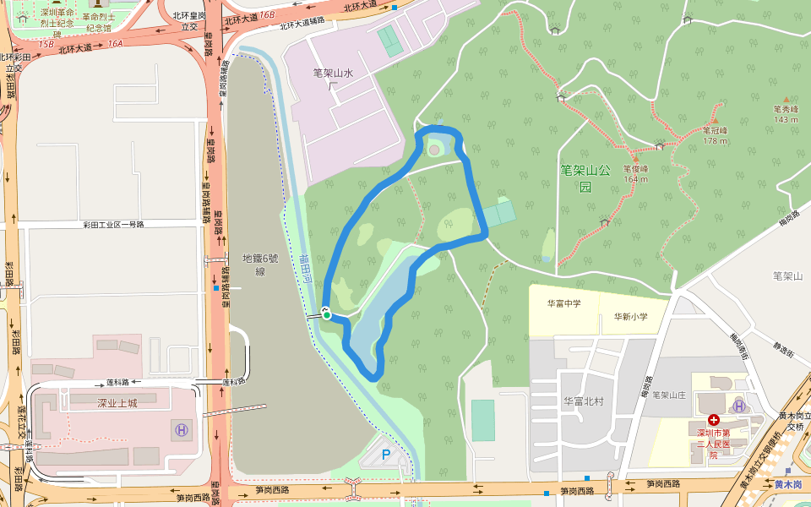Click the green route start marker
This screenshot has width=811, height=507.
pyautogui.click(x=327, y=316)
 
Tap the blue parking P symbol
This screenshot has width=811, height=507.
pyautogui.click(x=386, y=455)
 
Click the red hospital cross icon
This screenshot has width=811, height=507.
pyautogui.click(x=714, y=419)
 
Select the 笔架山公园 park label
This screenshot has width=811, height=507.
pyautogui.click(x=585, y=177)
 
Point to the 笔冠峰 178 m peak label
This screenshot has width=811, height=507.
pyautogui.click(x=715, y=135)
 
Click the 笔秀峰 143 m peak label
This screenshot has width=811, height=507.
pyautogui.click(x=786, y=113)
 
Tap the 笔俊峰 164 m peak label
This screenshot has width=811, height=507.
pyautogui.click(x=635, y=173)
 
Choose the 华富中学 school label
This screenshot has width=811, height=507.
pyautogui.click(x=563, y=303)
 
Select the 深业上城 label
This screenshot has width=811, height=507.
pyautogui.click(x=117, y=403)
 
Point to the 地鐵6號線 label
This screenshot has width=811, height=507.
pyautogui.click(x=254, y=264)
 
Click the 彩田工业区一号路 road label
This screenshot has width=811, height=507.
pyautogui.click(x=113, y=225)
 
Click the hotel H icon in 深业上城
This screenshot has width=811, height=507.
pyautogui.click(x=181, y=429)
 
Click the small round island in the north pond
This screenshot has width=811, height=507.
pyautogui.click(x=434, y=150)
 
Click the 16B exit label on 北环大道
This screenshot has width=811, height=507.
pyautogui.click(x=267, y=15)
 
